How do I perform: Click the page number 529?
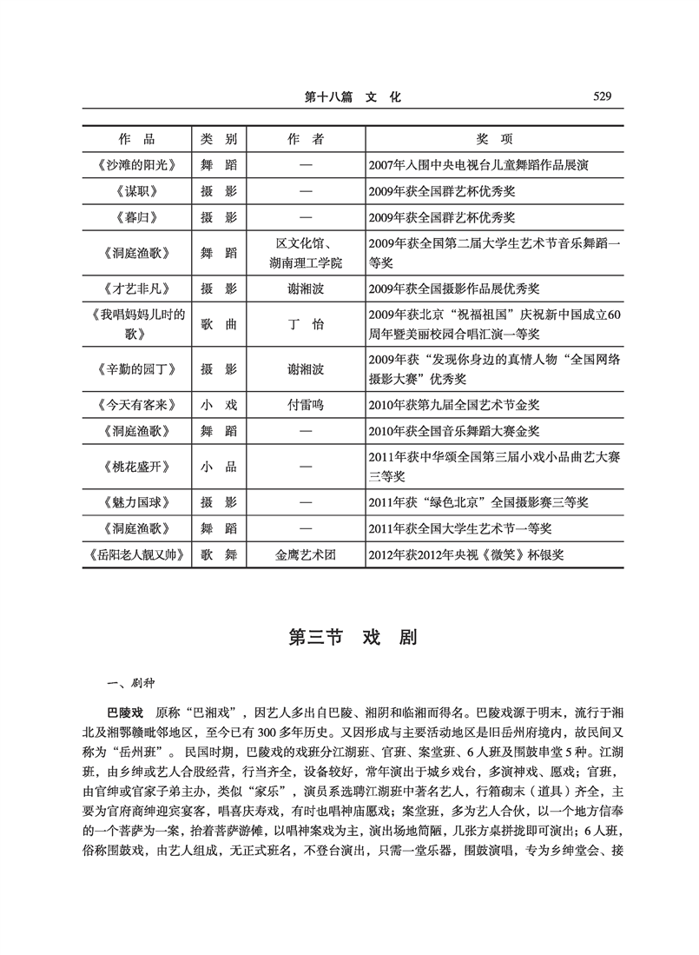[x=598, y=97]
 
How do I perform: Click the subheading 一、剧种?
[x=127, y=682]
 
